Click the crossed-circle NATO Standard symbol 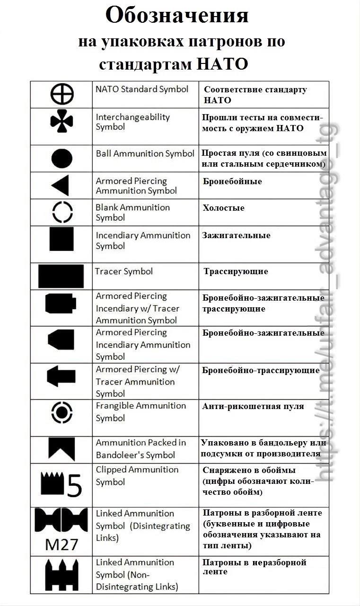62,94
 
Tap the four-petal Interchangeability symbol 61,122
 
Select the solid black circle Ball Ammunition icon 62,158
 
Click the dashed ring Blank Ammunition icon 62,212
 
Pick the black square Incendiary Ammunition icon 61,239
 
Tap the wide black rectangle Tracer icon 61,276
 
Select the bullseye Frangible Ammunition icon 61,412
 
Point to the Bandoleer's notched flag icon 61,449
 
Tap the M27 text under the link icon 61,544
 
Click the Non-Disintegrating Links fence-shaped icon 61,575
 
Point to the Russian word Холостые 223,208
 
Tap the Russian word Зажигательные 237,235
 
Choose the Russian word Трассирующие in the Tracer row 236,271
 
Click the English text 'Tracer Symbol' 124,271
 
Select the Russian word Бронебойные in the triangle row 232,181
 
